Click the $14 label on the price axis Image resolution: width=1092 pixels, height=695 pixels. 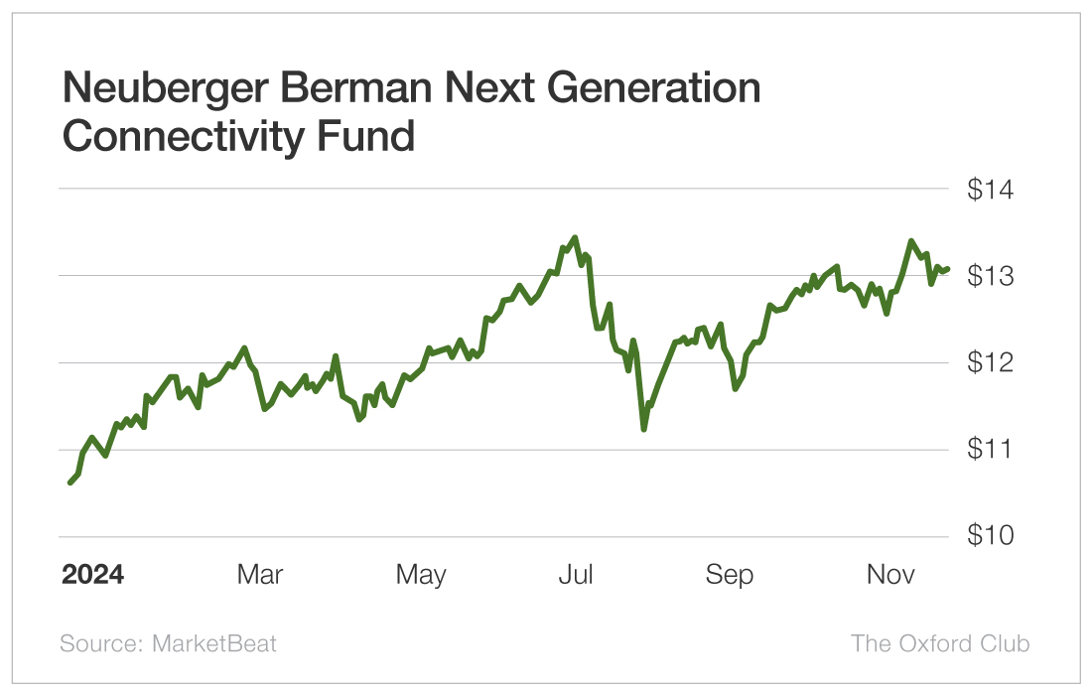click(x=990, y=189)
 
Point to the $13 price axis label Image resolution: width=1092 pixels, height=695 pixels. click(x=990, y=275)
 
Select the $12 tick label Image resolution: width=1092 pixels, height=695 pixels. click(x=990, y=362)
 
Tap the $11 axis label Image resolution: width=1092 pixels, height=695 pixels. click(x=990, y=449)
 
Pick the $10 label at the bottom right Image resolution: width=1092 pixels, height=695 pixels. click(x=990, y=536)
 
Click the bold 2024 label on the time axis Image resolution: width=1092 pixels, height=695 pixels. click(x=92, y=575)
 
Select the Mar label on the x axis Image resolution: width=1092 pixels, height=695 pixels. click(x=260, y=575)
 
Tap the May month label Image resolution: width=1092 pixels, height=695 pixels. click(x=421, y=575)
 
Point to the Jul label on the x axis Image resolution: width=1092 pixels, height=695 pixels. click(x=576, y=575)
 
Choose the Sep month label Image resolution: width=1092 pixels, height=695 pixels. click(x=730, y=575)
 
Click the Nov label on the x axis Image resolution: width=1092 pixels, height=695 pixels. click(x=890, y=575)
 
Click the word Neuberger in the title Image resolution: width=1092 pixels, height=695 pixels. click(x=165, y=89)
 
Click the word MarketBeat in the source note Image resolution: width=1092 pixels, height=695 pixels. click(x=213, y=643)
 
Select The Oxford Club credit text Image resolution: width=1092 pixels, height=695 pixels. click(x=940, y=643)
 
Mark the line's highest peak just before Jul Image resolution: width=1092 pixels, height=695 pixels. click(x=575, y=237)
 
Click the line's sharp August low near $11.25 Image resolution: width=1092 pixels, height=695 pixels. click(x=643, y=429)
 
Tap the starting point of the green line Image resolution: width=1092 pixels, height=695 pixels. click(x=70, y=483)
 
